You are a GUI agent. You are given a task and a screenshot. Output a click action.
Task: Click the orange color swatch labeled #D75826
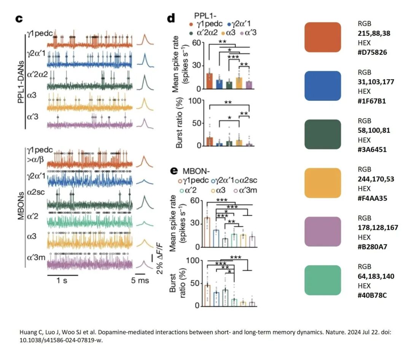point(322,37)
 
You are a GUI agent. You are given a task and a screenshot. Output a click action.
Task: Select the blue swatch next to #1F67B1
point(322,86)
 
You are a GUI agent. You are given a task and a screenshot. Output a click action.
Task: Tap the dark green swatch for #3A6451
point(322,134)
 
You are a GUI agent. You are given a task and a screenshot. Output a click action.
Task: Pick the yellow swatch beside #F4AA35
point(322,183)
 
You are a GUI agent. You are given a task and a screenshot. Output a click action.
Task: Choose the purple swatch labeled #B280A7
point(322,231)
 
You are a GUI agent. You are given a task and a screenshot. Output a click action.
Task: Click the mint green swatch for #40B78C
point(322,280)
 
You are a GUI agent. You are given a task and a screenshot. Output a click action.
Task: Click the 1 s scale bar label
point(62,281)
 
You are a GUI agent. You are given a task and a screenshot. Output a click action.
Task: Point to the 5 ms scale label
point(140,281)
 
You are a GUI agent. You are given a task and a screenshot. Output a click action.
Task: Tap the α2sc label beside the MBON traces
point(37,192)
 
